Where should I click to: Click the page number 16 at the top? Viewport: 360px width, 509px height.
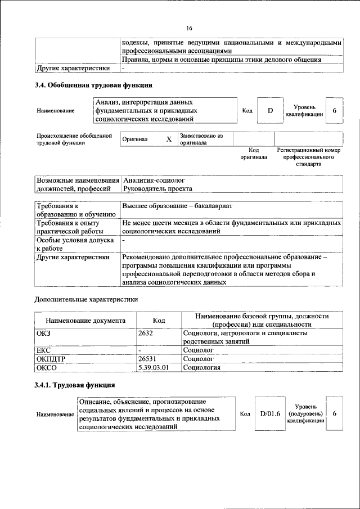click(189, 29)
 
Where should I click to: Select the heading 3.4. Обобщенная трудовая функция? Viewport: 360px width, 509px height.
click(93, 85)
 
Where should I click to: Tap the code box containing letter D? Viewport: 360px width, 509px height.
click(270, 110)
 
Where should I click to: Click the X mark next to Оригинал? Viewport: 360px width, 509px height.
click(168, 139)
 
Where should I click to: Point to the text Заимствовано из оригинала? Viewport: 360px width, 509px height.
click(201, 139)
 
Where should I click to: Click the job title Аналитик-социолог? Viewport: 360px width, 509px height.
click(154, 181)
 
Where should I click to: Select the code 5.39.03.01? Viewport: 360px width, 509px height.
click(154, 367)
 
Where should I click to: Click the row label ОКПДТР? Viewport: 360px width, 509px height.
click(52, 358)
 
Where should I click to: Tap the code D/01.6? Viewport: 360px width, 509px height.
click(270, 414)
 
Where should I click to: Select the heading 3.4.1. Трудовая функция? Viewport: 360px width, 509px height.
click(75, 385)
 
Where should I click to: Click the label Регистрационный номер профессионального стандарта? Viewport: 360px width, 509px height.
click(309, 157)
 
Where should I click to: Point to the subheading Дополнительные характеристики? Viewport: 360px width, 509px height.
click(86, 299)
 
